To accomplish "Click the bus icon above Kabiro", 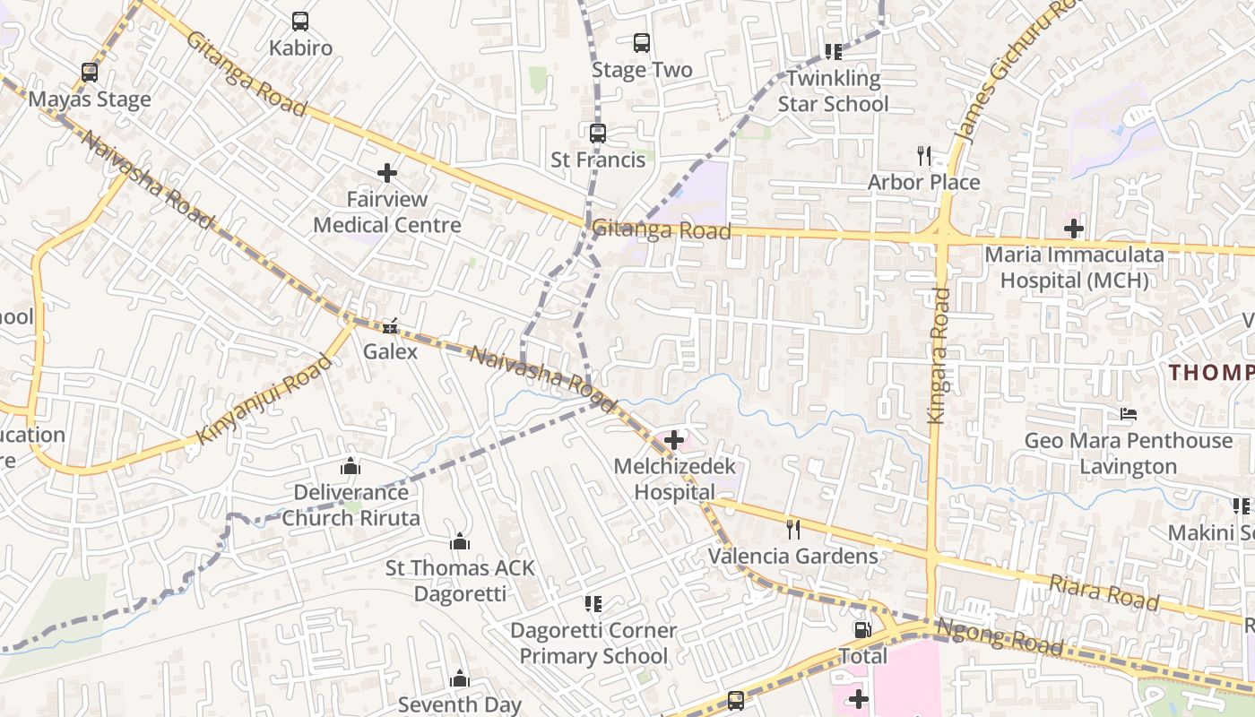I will [x=300, y=21].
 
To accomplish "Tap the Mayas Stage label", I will [x=90, y=99].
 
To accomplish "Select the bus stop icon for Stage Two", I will [x=642, y=42].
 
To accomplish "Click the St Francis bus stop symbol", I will [x=598, y=134].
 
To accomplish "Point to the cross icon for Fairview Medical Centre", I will [x=387, y=172].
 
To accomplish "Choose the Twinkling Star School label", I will [x=833, y=91].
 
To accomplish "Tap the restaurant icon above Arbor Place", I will [x=925, y=156].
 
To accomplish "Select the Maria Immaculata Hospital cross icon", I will [x=1074, y=228].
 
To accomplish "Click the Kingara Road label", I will [x=937, y=355].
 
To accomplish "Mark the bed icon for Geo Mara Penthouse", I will [x=1129, y=414].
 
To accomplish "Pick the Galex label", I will [x=390, y=351].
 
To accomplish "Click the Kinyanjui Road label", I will [x=264, y=400].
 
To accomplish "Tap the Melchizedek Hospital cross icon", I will [x=674, y=440].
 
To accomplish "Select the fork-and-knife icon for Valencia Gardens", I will [x=793, y=530].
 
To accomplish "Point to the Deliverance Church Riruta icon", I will [x=351, y=466].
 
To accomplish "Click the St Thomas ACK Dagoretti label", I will [x=460, y=581].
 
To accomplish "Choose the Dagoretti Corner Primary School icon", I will [x=593, y=604].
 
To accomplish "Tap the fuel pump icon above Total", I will [x=862, y=630].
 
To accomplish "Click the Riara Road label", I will [x=1104, y=592].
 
